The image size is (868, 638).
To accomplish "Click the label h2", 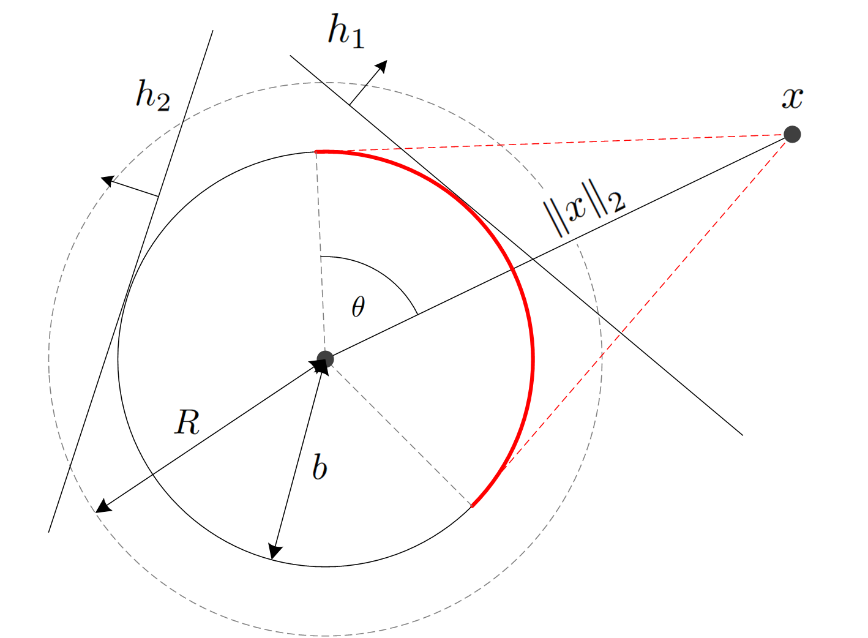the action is click(152, 96).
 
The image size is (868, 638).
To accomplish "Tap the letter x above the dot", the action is click(793, 98).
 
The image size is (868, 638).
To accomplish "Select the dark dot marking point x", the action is click(792, 135).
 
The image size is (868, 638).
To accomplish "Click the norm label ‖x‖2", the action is click(585, 208).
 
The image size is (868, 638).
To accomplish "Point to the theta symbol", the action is click(358, 307).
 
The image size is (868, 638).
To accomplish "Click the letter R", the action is click(187, 422).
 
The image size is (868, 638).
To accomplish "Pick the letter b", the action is click(320, 467).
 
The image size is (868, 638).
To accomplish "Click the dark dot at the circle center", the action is click(325, 359).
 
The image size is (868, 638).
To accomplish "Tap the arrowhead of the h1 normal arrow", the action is click(382, 66).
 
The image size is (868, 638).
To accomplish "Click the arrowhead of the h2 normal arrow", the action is click(107, 181).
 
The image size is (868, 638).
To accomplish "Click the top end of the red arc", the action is click(316, 151).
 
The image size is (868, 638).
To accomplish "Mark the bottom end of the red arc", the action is click(472, 506).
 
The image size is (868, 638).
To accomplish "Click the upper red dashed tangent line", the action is click(554, 143).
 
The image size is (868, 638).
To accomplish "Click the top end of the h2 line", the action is click(213, 31).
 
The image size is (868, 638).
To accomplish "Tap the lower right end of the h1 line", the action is click(743, 435).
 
